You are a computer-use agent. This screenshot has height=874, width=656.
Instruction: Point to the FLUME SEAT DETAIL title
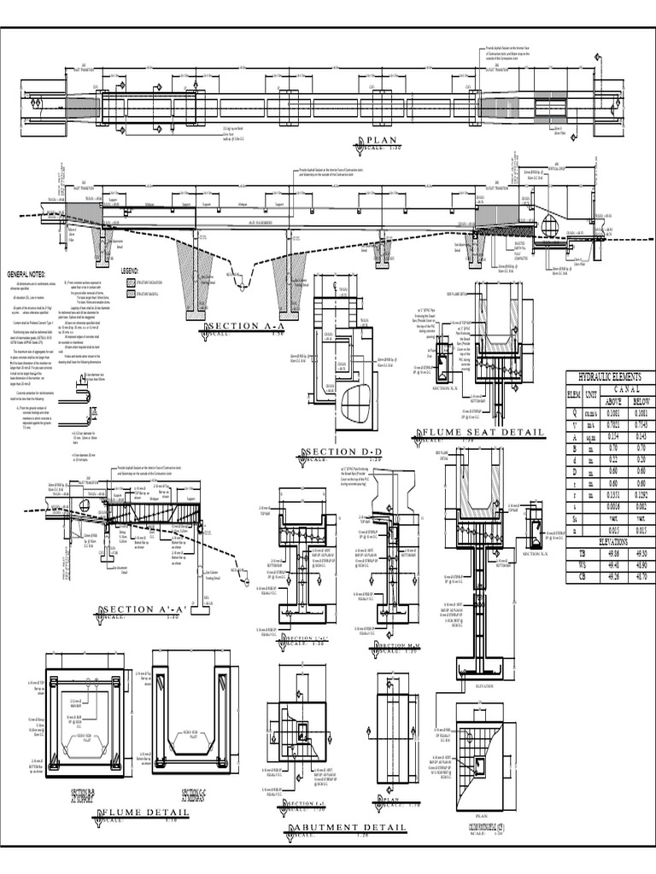485,434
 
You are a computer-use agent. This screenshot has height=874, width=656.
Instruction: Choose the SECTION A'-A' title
143,609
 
